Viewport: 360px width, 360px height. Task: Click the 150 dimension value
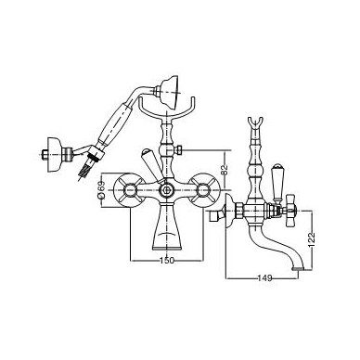tap(167, 261)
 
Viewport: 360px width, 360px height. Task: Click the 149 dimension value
tap(264, 278)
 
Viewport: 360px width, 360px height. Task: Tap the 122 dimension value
tap(311, 239)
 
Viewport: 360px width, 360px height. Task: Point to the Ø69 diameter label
tap(102, 190)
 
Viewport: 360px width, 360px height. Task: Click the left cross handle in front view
tap(129, 190)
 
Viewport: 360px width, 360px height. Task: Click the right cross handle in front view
tap(204, 190)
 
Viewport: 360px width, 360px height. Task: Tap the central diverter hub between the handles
tap(167, 190)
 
